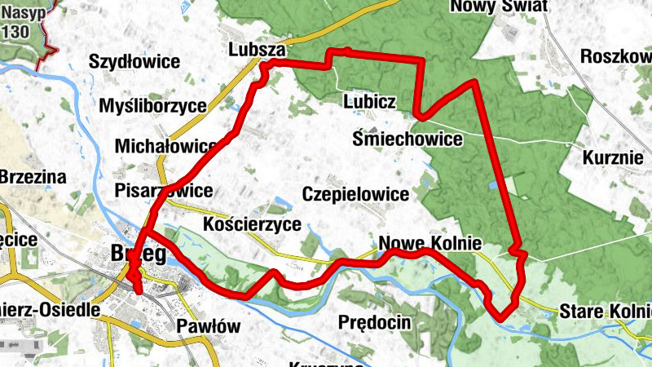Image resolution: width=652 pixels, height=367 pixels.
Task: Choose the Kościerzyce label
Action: [x=252, y=223]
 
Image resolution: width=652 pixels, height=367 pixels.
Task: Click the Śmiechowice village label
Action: [x=407, y=139]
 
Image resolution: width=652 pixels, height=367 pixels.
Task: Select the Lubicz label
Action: [x=370, y=102]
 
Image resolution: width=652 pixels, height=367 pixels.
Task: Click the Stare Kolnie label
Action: [x=605, y=312]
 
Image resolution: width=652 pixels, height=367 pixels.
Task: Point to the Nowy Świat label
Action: [x=498, y=7]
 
